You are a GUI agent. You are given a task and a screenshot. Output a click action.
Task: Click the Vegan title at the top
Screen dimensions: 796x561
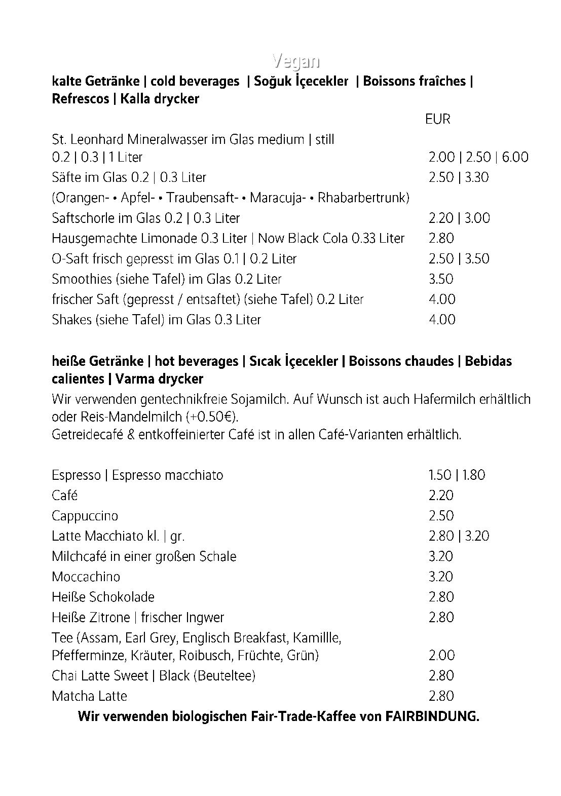point(295,61)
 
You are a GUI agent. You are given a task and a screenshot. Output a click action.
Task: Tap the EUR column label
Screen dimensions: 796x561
point(438,120)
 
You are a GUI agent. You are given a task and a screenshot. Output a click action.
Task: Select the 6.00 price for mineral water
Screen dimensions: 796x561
point(515,158)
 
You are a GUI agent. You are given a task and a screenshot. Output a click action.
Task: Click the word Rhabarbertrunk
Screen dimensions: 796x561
point(363,198)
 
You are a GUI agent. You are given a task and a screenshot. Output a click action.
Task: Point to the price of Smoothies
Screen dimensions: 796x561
point(441,279)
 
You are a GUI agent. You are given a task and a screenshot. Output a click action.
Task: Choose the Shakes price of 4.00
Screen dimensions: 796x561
point(442,320)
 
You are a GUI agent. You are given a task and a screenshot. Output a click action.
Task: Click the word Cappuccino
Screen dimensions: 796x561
point(85,516)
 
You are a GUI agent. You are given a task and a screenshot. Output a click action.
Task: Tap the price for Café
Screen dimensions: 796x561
point(441,496)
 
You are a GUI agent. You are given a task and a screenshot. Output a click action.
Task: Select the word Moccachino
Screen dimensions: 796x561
point(86,577)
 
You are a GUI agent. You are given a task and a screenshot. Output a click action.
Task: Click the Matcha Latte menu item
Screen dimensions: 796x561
point(89,696)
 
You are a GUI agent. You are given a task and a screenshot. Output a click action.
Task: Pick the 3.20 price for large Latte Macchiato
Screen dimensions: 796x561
point(477,536)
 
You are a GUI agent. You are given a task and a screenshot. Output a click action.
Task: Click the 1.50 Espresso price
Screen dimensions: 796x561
point(439,475)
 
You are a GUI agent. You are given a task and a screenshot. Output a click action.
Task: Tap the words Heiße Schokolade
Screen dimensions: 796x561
point(103,597)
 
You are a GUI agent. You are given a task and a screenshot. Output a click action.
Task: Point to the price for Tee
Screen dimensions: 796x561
point(441,656)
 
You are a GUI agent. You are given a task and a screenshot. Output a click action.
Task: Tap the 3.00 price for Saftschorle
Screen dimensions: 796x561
point(477,218)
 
